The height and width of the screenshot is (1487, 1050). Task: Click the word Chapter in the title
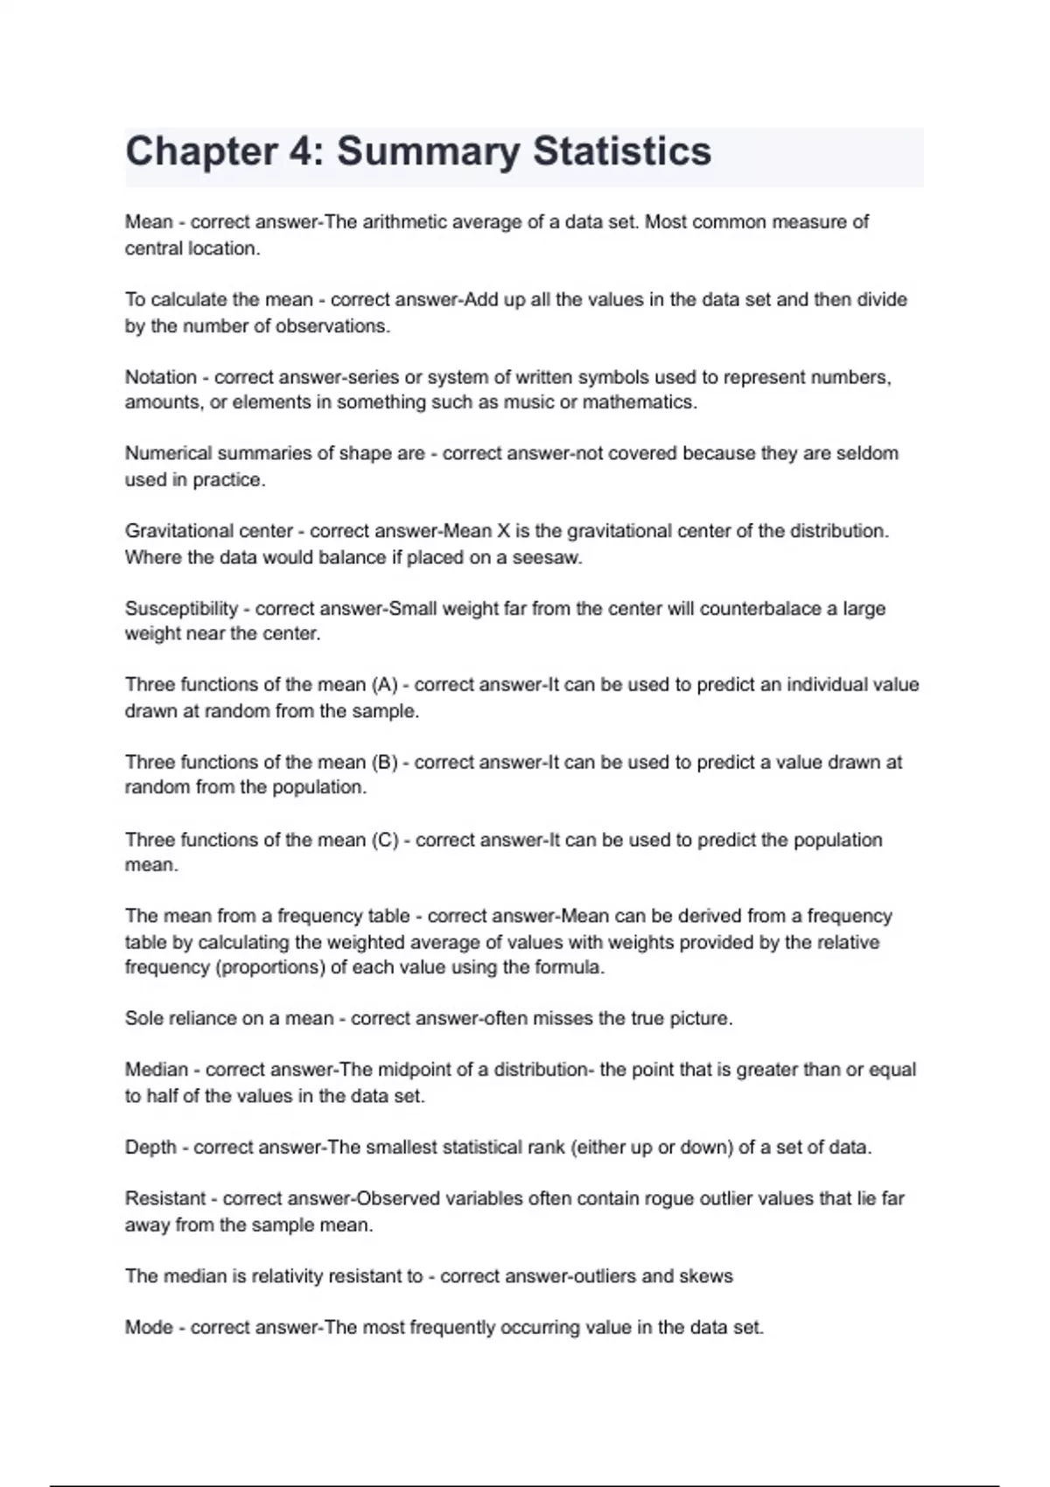tap(201, 151)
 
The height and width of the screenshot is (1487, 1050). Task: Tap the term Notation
tap(161, 377)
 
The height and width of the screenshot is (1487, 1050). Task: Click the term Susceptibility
tap(181, 608)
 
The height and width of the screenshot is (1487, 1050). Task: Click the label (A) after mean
tap(384, 685)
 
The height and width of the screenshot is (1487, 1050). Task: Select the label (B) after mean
tap(384, 762)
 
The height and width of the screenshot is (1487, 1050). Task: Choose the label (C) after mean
tap(385, 840)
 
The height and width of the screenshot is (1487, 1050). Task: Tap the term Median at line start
tap(157, 1070)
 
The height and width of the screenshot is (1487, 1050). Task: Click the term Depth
tap(150, 1147)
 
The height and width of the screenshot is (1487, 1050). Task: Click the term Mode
tap(149, 1327)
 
